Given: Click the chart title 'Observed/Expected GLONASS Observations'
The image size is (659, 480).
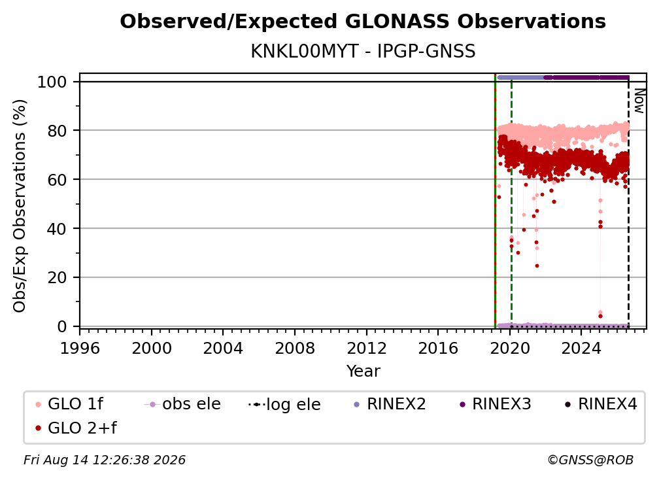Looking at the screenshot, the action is pyautogui.click(x=363, y=22).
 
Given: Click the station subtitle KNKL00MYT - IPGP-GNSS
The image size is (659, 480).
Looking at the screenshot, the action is pyautogui.click(x=363, y=52).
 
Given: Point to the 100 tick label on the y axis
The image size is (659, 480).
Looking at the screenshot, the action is pyautogui.click(x=52, y=82).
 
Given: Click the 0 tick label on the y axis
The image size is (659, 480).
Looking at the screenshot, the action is pyautogui.click(x=62, y=326).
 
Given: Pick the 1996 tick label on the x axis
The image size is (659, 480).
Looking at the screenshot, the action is pyautogui.click(x=80, y=349).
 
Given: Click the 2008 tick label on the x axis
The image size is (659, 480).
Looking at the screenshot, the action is pyautogui.click(x=295, y=349).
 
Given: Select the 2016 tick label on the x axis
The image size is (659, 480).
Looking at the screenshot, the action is pyautogui.click(x=438, y=349).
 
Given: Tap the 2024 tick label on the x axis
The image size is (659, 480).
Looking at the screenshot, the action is pyautogui.click(x=581, y=349).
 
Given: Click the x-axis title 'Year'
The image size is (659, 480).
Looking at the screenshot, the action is pyautogui.click(x=363, y=371).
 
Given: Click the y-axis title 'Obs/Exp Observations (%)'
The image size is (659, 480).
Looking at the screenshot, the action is pyautogui.click(x=20, y=206).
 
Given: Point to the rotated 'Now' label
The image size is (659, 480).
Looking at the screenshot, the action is pyautogui.click(x=639, y=101).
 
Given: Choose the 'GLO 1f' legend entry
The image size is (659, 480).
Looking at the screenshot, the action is pyautogui.click(x=69, y=404).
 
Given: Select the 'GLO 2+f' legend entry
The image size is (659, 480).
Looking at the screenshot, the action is pyautogui.click(x=76, y=428).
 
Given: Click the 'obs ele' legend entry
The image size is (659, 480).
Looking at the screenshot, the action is pyautogui.click(x=182, y=404).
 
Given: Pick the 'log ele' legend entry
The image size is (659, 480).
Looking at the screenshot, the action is pyautogui.click(x=284, y=404).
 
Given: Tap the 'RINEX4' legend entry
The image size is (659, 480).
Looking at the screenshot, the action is pyautogui.click(x=601, y=404).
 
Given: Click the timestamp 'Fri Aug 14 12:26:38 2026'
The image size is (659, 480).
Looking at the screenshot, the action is pyautogui.click(x=105, y=460).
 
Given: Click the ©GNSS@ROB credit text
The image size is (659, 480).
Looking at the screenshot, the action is pyautogui.click(x=590, y=460).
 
